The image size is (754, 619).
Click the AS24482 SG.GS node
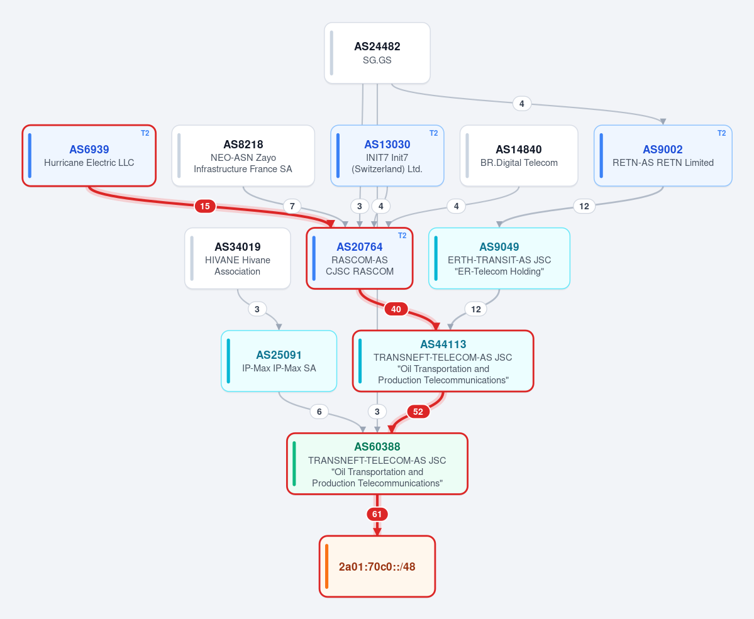tap(377, 53)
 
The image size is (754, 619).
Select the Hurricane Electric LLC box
tap(89, 155)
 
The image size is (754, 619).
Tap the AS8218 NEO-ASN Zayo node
tap(243, 155)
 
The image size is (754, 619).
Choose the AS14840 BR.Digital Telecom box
tap(519, 155)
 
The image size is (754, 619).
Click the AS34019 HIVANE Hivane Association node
tap(238, 258)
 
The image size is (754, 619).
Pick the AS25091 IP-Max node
tap(279, 361)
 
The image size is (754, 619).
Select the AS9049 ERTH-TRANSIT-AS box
tap(499, 258)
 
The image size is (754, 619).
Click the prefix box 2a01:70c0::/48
tap(377, 566)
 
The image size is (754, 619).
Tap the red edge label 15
tap(205, 206)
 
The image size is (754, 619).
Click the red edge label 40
tap(396, 309)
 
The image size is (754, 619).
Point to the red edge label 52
tap(418, 412)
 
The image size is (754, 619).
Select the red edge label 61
tap(377, 514)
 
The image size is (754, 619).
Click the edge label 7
tap(292, 206)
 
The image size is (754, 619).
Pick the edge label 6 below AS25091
tap(319, 412)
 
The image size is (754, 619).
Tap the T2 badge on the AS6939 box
tap(145, 133)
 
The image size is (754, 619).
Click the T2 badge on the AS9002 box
tap(721, 133)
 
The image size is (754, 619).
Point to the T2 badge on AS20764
tap(402, 236)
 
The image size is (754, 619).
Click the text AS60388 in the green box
tap(377, 446)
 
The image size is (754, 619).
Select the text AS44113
tap(443, 344)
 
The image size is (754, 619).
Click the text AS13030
tap(387, 144)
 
